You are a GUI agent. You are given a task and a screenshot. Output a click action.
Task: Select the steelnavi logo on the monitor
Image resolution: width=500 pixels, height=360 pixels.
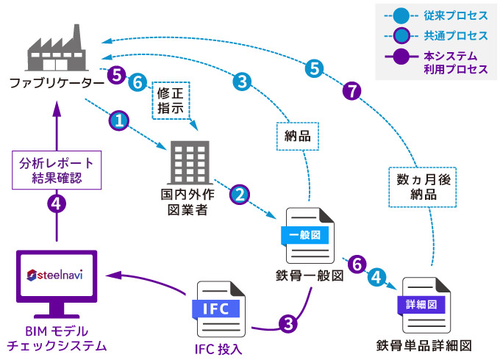(x=57, y=276)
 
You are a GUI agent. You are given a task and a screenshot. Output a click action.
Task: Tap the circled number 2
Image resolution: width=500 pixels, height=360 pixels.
(x=240, y=195)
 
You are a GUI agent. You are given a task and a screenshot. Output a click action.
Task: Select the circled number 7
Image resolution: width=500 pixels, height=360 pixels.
(x=352, y=91)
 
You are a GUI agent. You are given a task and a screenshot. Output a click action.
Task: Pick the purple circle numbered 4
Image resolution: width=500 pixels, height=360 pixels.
(x=56, y=204)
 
